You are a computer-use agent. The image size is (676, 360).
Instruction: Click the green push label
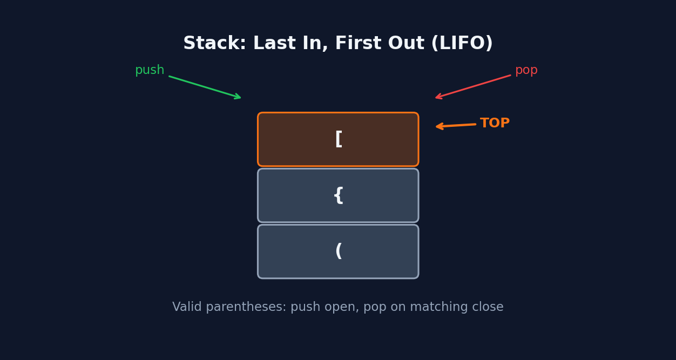(x=150, y=71)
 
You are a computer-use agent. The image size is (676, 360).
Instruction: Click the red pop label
(x=526, y=71)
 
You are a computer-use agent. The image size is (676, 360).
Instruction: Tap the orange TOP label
(x=495, y=124)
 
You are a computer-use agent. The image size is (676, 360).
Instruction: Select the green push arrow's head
(x=239, y=98)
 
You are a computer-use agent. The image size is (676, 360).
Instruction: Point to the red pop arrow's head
(x=437, y=98)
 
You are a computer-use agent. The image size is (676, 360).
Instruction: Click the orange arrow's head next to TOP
(x=438, y=126)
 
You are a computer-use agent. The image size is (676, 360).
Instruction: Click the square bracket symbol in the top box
(x=339, y=139)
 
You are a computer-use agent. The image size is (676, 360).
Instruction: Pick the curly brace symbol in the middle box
(x=339, y=195)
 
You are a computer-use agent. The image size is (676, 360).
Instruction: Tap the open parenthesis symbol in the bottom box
(x=339, y=252)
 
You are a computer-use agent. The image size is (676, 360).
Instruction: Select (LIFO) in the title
(x=462, y=44)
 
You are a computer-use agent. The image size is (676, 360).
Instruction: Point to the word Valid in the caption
(x=187, y=307)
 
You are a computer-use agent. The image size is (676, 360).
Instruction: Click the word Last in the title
(x=273, y=44)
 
